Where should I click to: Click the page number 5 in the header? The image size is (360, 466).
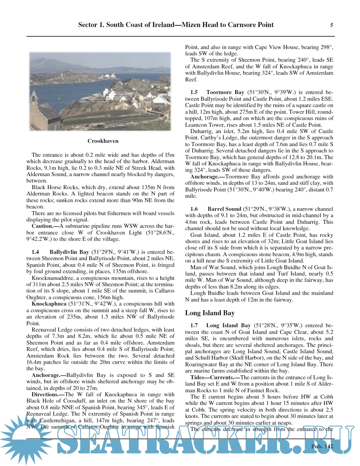331,25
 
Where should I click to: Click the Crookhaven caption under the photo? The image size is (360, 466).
103,141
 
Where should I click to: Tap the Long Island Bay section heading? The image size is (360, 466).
210,313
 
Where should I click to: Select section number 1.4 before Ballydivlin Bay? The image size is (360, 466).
35,252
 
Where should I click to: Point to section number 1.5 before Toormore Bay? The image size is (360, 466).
194,92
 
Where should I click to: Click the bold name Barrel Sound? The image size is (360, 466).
224,209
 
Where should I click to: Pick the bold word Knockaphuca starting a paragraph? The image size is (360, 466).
49,304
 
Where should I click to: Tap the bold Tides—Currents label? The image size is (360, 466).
212,377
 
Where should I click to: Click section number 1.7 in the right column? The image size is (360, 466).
194,325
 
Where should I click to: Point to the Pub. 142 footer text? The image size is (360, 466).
322,446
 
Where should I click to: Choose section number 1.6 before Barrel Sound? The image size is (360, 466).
194,209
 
